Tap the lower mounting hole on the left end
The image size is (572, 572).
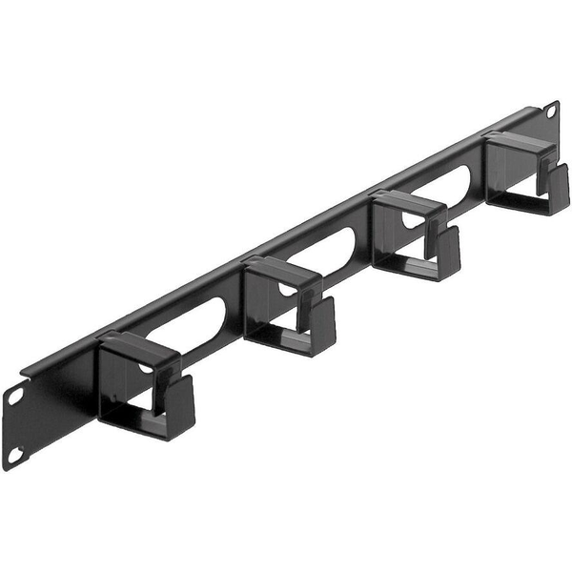point(13,455)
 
